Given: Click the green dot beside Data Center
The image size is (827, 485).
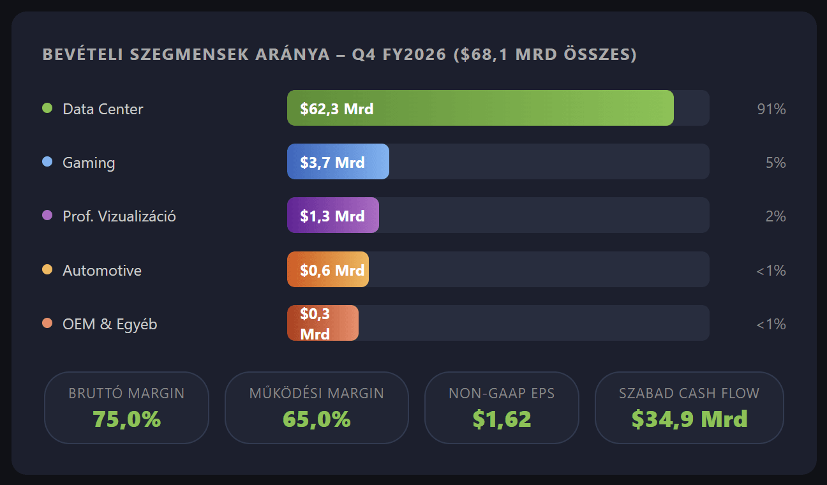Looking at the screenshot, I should click(47, 108).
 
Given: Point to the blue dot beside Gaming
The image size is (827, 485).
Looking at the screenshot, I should click(47, 162).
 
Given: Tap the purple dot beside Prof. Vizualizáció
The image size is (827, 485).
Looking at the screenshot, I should click(47, 216).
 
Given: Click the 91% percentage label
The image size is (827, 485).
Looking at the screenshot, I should click(771, 109).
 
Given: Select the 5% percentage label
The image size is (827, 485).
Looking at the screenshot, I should click(775, 163).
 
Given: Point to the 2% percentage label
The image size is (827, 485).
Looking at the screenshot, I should click(775, 216).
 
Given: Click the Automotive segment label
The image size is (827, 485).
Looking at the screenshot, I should click(102, 271).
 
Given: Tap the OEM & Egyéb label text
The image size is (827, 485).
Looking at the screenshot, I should click(110, 324).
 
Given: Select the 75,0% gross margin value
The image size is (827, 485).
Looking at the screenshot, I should click(126, 419).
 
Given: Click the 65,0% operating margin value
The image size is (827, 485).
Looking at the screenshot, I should click(317, 419).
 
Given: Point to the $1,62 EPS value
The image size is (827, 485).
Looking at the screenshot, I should click(502, 419).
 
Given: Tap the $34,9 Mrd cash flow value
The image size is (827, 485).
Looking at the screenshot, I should click(689, 419).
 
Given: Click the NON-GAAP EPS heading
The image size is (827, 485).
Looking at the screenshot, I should click(502, 393).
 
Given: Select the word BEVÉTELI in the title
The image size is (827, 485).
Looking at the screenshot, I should click(82, 55).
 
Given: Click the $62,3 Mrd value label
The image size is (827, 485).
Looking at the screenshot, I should click(337, 109).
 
